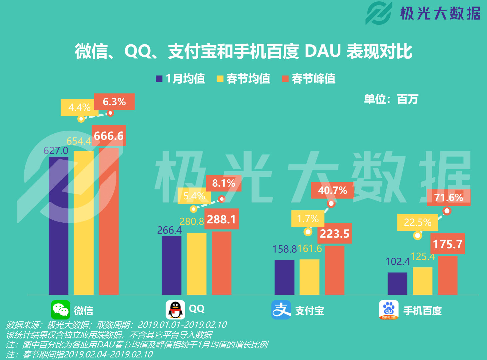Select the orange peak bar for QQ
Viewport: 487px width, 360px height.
[x=222, y=263]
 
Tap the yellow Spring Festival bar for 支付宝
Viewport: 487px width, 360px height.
[x=309, y=277]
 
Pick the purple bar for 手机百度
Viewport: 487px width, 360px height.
[x=397, y=284]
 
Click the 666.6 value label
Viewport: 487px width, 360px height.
[x=109, y=136]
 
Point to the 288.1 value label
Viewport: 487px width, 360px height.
[x=222, y=219]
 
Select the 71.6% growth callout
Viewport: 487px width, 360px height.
[x=449, y=197]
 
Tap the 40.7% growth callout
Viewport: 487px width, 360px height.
[x=332, y=190]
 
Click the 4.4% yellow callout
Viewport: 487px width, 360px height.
[x=79, y=107]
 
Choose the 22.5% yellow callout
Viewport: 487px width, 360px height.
[x=417, y=222]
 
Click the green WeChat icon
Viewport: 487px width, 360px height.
[x=61, y=310]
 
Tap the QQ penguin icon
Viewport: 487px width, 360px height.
[x=175, y=310]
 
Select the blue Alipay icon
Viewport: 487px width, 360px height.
[x=281, y=310]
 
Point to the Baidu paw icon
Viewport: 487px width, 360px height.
[x=389, y=310]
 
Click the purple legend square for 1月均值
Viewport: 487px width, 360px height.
[x=159, y=79]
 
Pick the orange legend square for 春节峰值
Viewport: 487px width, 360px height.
[x=285, y=79]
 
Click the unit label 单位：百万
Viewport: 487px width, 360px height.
[x=391, y=99]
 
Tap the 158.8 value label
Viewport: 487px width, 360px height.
[x=284, y=249]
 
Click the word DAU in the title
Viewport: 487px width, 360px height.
[x=323, y=51]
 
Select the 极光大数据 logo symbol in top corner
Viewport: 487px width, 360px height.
[x=379, y=13]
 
